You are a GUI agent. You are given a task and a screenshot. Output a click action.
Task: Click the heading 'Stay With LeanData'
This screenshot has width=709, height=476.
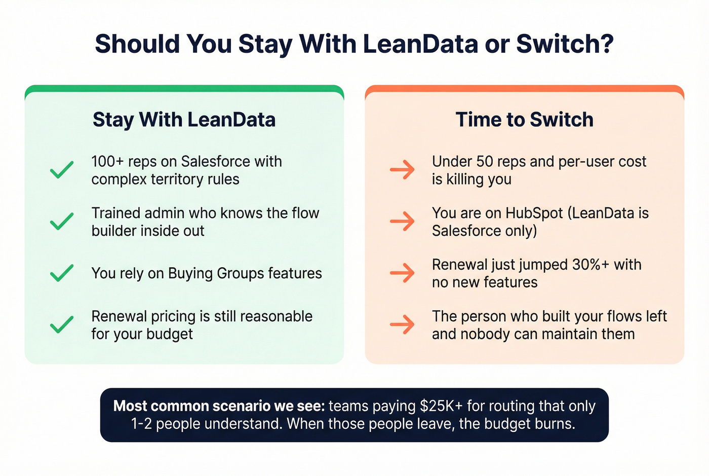click(x=184, y=120)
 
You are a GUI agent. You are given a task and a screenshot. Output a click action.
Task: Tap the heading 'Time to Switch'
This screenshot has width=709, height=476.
click(x=524, y=120)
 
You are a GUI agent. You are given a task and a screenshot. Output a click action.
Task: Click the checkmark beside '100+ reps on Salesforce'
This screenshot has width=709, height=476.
click(x=62, y=170)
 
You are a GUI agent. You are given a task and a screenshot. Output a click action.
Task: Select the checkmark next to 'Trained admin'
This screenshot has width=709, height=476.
click(x=62, y=222)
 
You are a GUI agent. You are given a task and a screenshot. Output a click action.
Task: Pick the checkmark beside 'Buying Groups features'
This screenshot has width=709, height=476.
click(x=62, y=273)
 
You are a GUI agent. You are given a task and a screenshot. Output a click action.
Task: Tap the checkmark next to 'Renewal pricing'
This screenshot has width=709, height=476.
click(x=62, y=325)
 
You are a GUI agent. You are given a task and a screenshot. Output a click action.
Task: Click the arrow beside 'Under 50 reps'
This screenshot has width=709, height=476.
click(x=403, y=170)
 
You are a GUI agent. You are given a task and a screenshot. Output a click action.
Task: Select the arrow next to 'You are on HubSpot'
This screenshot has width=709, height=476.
click(x=403, y=222)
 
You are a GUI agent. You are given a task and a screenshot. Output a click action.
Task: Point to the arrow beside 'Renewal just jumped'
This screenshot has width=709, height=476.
click(x=403, y=273)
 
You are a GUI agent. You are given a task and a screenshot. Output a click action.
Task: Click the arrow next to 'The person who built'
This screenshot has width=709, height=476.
click(x=403, y=325)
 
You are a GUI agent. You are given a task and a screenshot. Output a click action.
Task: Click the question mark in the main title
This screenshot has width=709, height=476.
click(x=606, y=44)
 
